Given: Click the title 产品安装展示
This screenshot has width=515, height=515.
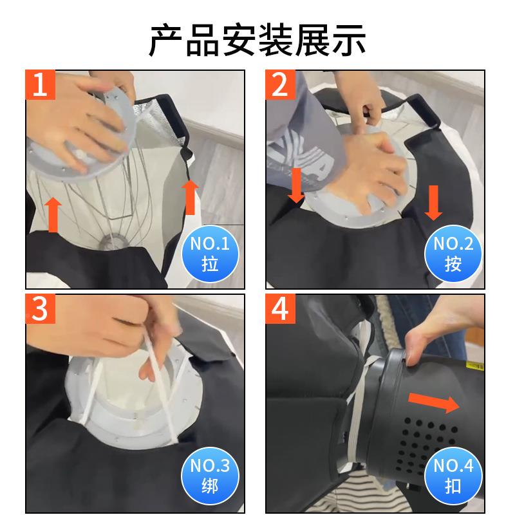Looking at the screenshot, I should tap(257, 39).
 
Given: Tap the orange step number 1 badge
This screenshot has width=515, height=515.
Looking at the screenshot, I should tap(40, 86).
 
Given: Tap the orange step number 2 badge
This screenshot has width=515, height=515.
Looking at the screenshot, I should tap(280, 86).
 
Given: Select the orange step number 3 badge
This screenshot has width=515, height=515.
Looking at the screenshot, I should tap(40, 310).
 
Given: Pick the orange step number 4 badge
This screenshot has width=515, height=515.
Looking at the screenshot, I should tap(280, 310).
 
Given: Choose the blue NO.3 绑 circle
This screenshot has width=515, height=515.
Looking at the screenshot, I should tap(210, 476).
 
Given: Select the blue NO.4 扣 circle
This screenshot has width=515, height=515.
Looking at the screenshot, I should tap(453, 476).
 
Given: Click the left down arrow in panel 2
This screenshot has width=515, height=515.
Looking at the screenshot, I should tap(295, 184).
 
